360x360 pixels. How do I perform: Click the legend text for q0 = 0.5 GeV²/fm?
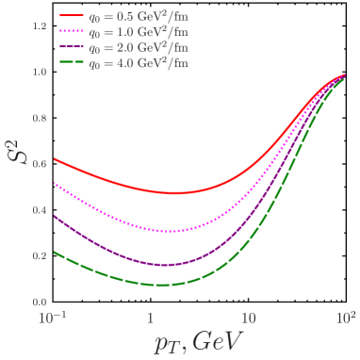point(139,16)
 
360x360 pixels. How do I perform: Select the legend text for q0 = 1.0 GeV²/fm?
point(139,32)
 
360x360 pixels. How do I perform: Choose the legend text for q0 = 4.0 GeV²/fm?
point(139,63)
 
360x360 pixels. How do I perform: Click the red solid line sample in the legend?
point(72,16)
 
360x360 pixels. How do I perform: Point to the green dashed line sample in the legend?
point(72,63)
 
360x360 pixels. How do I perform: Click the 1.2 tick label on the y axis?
point(40,26)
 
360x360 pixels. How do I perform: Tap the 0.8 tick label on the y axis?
point(40,119)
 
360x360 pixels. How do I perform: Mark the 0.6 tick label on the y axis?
point(40,164)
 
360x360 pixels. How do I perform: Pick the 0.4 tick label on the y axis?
point(40,210)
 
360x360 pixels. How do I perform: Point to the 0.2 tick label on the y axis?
point(40,256)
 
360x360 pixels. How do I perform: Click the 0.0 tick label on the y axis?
point(40,303)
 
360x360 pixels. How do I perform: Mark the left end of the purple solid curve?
point(54,215)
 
